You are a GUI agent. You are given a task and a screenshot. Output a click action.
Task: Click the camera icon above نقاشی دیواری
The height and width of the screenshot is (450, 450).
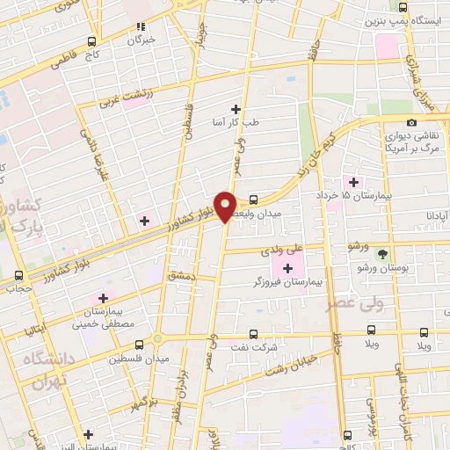point(411,122)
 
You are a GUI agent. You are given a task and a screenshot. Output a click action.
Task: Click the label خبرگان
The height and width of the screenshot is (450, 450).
point(141,40)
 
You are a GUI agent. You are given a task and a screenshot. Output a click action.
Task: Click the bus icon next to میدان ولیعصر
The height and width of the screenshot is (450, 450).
point(253,199)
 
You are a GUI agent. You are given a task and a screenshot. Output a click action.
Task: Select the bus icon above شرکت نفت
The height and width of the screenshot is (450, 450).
point(253,334)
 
